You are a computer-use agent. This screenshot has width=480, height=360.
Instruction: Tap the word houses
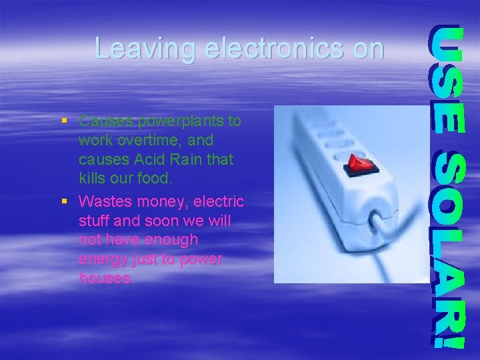point(105,278)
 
